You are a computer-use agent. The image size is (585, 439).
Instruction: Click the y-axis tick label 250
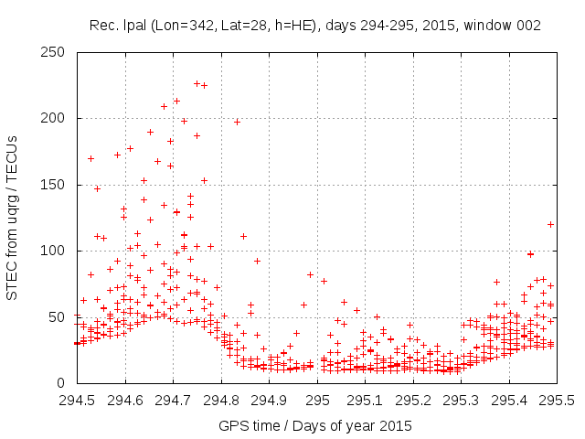pyautogui.click(x=56, y=52)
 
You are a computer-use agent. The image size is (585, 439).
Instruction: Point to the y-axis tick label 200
pyautogui.click(x=56, y=118)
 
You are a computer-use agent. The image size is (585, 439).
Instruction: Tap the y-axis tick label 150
pyautogui.click(x=56, y=185)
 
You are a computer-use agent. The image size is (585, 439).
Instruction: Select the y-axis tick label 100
pyautogui.click(x=56, y=251)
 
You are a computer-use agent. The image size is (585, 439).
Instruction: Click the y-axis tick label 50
pyautogui.click(x=59, y=316)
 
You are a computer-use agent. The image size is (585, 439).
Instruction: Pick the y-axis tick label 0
pyautogui.click(x=63, y=382)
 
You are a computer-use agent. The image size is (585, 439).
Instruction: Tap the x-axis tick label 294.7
pyautogui.click(x=173, y=401)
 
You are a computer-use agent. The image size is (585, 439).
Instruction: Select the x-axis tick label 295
pyautogui.click(x=317, y=401)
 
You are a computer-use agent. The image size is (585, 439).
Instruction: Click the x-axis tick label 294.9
pyautogui.click(x=269, y=401)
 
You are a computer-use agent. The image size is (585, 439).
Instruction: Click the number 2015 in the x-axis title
pyautogui.click(x=396, y=426)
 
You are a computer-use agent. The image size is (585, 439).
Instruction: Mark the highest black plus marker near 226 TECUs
pyautogui.click(x=197, y=83)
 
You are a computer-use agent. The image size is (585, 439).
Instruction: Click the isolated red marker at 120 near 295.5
pyautogui.click(x=550, y=224)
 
